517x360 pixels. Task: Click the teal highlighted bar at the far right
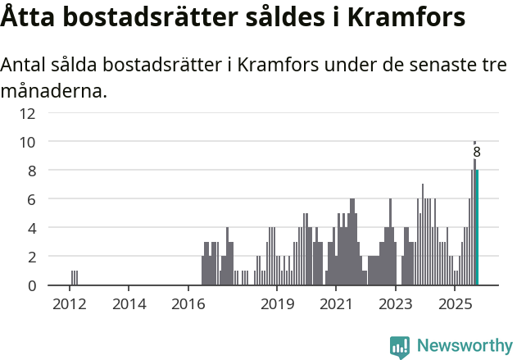pos(477,228)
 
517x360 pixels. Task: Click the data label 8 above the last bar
pos(477,153)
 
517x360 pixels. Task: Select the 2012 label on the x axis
pos(70,305)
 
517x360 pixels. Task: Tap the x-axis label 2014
pos(129,305)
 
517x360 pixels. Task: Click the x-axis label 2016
pos(188,305)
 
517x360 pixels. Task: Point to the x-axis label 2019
pos(277,305)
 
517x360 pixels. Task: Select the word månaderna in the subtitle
pos(54,90)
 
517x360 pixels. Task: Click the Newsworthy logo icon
pos(400,347)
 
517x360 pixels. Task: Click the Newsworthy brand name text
pos(465,347)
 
